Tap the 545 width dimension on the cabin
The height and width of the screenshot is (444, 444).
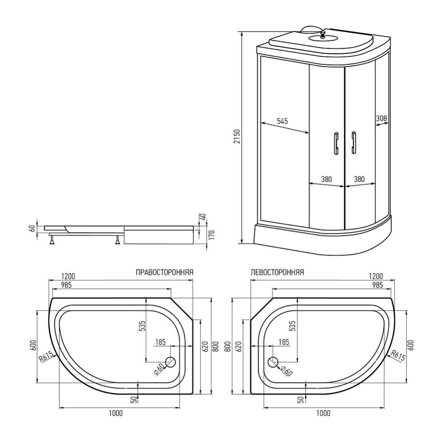coord(282,120)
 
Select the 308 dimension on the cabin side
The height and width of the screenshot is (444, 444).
coord(381,119)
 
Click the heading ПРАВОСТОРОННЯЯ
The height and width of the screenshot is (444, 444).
coord(164,272)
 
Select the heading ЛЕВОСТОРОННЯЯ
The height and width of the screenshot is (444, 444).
coord(277,272)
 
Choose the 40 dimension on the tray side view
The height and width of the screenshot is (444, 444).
coord(203,217)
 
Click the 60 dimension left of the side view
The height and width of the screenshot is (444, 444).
coord(32,228)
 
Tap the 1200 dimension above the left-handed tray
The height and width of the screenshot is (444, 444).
coord(376,276)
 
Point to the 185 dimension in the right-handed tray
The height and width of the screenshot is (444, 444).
coord(160,342)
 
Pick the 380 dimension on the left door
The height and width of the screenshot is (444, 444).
coord(326,180)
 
